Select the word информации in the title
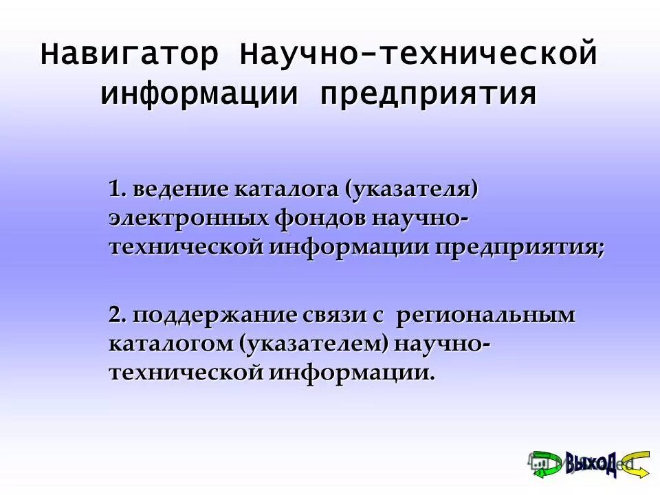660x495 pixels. [x=200, y=93]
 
